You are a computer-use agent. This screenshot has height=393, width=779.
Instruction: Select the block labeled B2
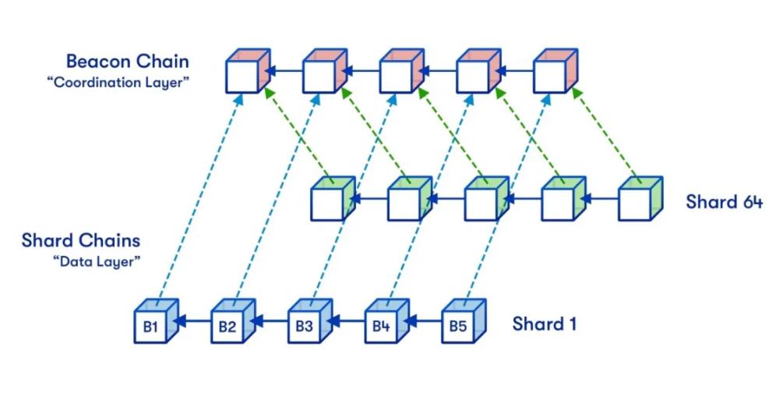tap(227, 325)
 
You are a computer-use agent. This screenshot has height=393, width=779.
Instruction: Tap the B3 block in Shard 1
tap(305, 325)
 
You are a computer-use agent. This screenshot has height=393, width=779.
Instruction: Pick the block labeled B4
tap(381, 325)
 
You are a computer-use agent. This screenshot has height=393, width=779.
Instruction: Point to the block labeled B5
tap(458, 325)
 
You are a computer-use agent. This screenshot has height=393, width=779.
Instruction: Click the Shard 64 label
tap(724, 201)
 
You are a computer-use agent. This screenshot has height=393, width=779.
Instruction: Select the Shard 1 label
tap(545, 323)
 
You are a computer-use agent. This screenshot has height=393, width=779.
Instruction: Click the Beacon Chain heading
tap(127, 61)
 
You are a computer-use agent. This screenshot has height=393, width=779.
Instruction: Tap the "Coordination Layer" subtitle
tap(118, 81)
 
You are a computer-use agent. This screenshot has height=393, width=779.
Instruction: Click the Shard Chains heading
tap(81, 239)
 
